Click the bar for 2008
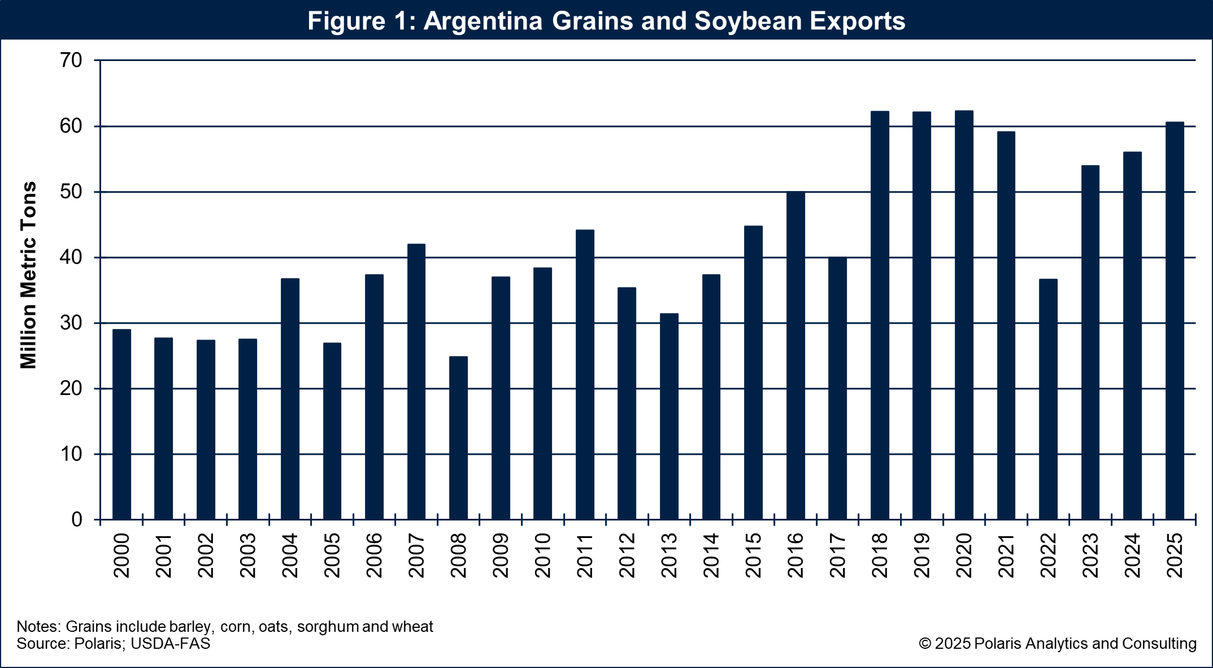[x=458, y=438]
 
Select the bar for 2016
[x=795, y=355]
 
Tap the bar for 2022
[x=1048, y=399]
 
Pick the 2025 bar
[x=1175, y=320]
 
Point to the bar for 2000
[x=121, y=424]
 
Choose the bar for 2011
[x=585, y=375]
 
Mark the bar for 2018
[x=880, y=315]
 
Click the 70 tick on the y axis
[x=71, y=60]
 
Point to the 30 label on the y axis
[x=71, y=323]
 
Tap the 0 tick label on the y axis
[x=77, y=520]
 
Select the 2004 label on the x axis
[x=290, y=555]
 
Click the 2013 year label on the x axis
[x=669, y=555]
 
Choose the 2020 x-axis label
[x=964, y=555]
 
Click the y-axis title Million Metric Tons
[x=28, y=275]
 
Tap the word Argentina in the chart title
[x=483, y=21]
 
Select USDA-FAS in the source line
[x=170, y=644]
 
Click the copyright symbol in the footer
[x=925, y=644]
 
